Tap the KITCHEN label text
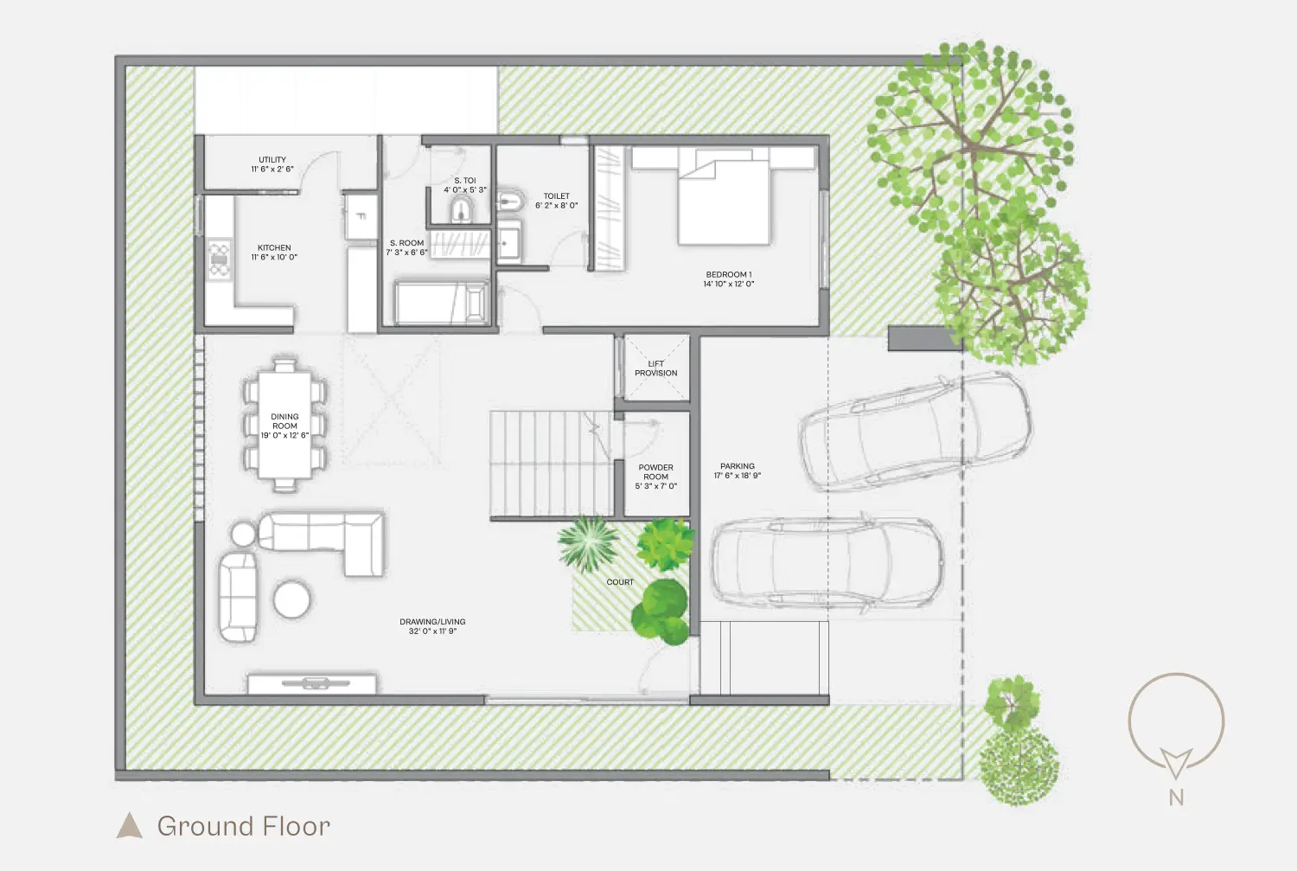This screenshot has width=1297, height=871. [x=274, y=248]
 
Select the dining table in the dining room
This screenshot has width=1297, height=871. [x=284, y=426]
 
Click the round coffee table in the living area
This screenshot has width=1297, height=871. [x=292, y=600]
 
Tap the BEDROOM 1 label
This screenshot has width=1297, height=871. [x=728, y=274]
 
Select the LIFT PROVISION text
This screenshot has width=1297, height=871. [x=656, y=368]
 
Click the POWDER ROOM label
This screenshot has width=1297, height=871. [x=656, y=472]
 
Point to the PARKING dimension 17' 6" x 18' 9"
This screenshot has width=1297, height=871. [x=737, y=476]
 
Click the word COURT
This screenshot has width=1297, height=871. [x=620, y=582]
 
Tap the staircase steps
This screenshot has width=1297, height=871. [x=550, y=464]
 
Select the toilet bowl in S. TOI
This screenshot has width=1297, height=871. [x=461, y=209]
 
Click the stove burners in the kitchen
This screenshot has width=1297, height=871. [x=219, y=259]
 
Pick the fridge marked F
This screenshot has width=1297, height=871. [x=361, y=216]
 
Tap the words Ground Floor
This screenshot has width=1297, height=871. [x=244, y=826]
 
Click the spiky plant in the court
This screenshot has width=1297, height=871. [x=588, y=543]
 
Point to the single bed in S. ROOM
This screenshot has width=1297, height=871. [x=441, y=303]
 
